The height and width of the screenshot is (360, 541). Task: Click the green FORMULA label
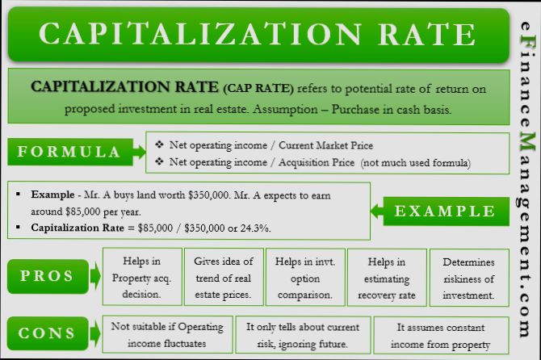point(69,152)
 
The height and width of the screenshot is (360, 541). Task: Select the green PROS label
point(47,276)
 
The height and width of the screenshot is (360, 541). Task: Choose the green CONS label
point(47,333)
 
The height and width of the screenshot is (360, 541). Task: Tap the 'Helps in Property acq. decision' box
point(141,277)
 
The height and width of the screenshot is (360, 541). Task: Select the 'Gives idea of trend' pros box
point(224,277)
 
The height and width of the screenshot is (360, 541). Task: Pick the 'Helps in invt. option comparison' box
point(304,277)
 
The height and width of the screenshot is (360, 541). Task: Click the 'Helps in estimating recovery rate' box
point(386,277)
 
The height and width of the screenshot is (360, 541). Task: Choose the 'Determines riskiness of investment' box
point(469,277)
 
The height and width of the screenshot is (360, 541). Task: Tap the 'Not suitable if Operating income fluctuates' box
point(165,334)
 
